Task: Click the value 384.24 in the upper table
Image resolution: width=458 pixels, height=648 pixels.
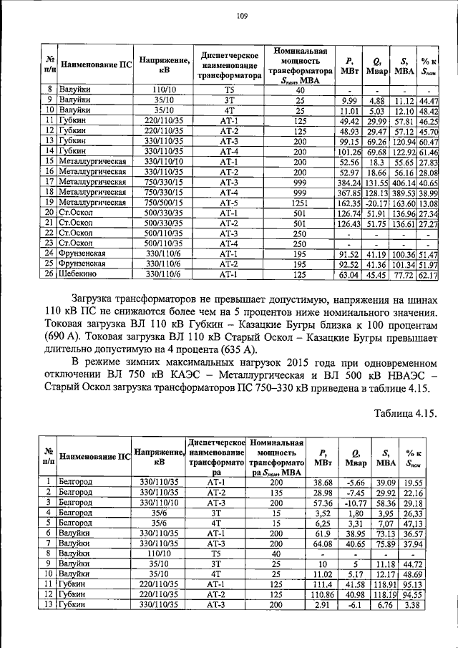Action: tap(349, 183)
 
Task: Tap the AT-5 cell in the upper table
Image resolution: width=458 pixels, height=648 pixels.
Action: tap(228, 203)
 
